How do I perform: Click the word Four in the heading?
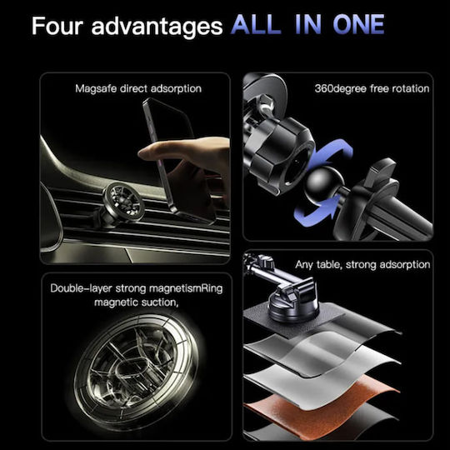click(57, 26)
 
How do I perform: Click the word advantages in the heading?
click(157, 27)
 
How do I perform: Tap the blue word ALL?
click(256, 25)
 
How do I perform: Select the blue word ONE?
click(358, 25)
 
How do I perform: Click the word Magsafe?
click(96, 88)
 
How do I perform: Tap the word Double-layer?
click(81, 288)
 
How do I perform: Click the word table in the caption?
click(329, 265)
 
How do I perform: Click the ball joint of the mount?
click(324, 183)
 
